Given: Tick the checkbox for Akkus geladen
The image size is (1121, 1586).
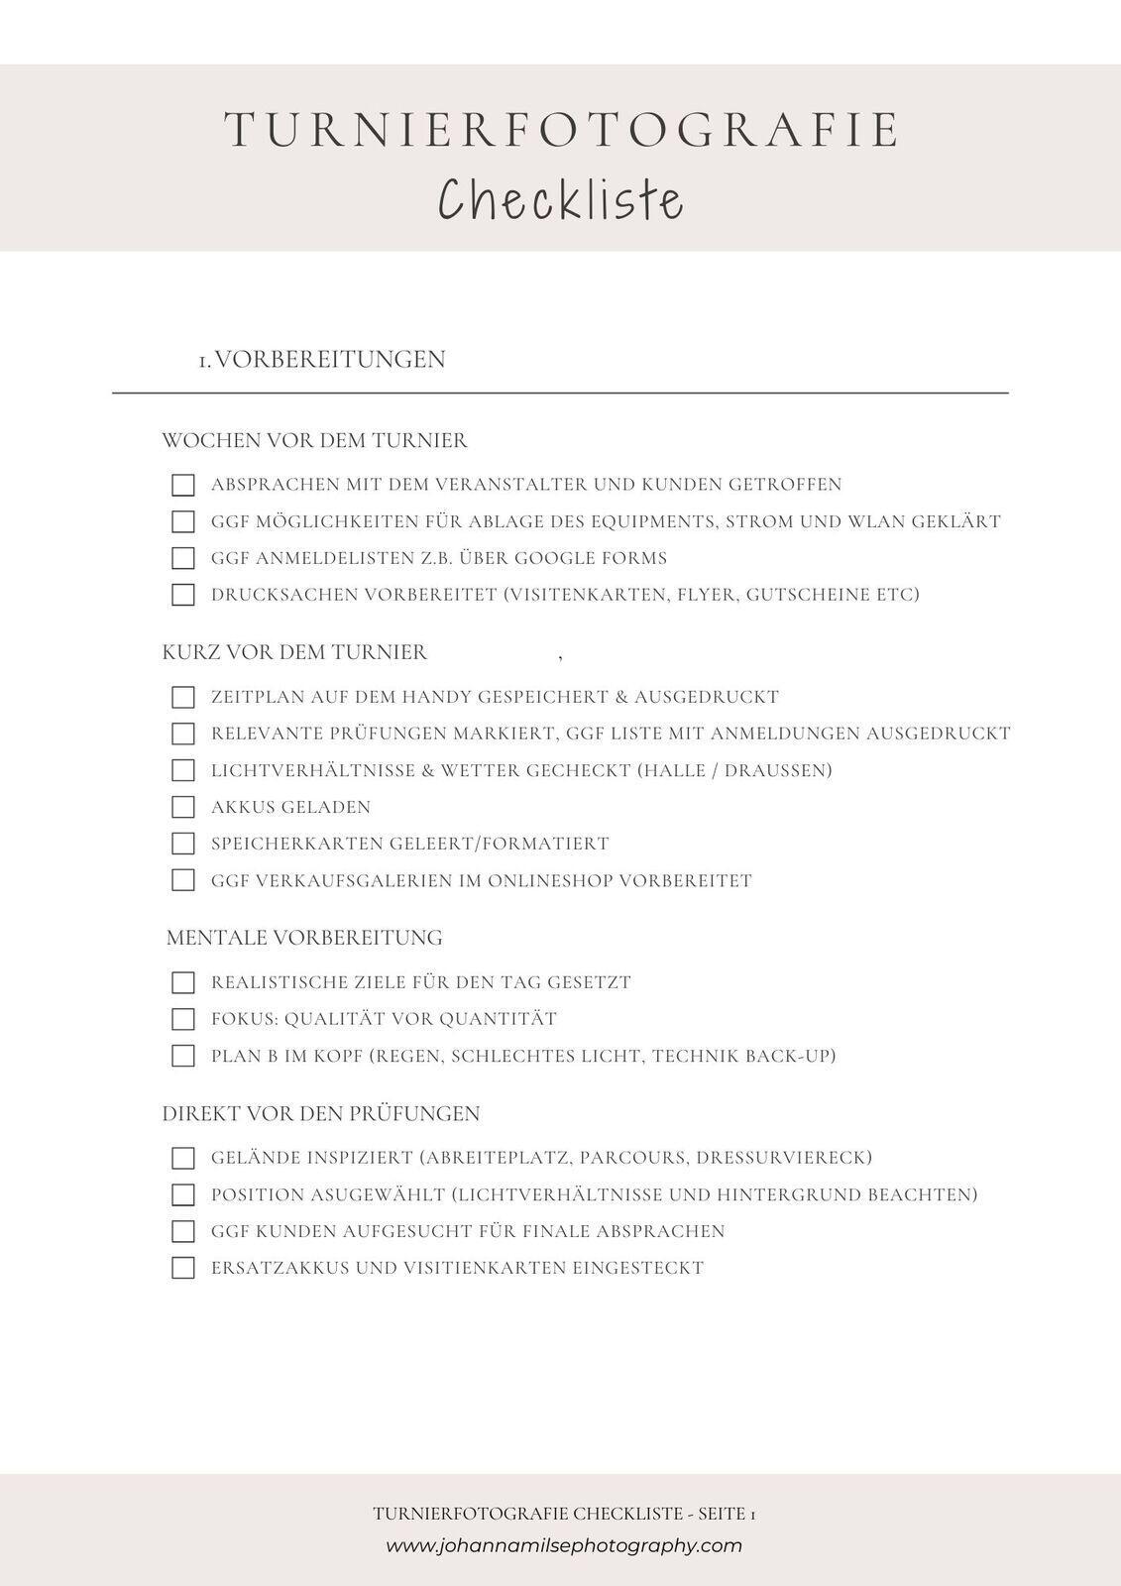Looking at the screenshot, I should pyautogui.click(x=182, y=807).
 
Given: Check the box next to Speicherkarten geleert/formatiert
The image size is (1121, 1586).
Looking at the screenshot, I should pyautogui.click(x=182, y=844).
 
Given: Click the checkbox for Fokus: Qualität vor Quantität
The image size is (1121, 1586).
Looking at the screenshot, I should pyautogui.click(x=182, y=1019).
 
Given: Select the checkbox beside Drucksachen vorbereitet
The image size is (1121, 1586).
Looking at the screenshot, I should pyautogui.click(x=182, y=595).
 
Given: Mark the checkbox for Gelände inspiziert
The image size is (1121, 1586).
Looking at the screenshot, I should pyautogui.click(x=182, y=1158).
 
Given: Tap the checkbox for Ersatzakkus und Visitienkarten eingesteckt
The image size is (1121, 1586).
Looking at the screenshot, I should pyautogui.click(x=182, y=1268).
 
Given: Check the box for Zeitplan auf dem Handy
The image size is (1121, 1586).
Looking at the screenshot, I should pyautogui.click(x=182, y=697).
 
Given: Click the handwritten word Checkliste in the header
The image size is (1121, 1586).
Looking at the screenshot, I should pyautogui.click(x=561, y=199).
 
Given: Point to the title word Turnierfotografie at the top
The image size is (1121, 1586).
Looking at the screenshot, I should pyautogui.click(x=561, y=131).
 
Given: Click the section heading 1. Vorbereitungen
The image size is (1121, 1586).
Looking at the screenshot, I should pyautogui.click(x=322, y=359).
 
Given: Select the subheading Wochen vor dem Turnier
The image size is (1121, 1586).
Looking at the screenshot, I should pyautogui.click(x=314, y=440).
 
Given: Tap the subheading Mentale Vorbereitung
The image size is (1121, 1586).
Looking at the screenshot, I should pyautogui.click(x=304, y=938).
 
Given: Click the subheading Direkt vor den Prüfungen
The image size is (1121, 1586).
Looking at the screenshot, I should pyautogui.click(x=321, y=1114).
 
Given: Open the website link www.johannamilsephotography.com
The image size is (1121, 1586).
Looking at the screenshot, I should pyautogui.click(x=563, y=1545).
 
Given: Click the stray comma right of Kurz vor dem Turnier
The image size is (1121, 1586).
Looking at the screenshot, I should pyautogui.click(x=561, y=656).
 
